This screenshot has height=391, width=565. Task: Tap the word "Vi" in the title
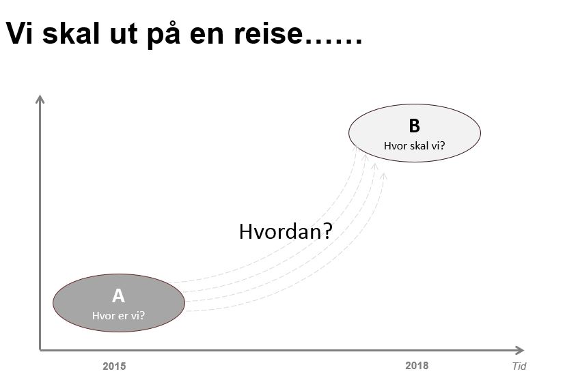click(x=19, y=33)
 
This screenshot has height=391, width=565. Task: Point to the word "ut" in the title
click(x=124, y=34)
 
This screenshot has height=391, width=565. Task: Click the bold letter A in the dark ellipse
click(x=119, y=296)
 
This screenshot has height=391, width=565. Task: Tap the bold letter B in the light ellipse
click(x=415, y=126)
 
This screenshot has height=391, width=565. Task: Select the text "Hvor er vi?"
click(x=118, y=316)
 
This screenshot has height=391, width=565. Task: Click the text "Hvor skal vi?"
click(x=415, y=146)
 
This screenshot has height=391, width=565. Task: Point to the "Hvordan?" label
click(x=286, y=231)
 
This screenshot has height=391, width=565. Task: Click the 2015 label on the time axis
click(x=114, y=366)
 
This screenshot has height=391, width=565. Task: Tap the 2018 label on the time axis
click(x=417, y=366)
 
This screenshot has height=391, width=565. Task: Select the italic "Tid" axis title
click(x=519, y=366)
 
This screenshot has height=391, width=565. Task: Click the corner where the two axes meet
click(x=40, y=350)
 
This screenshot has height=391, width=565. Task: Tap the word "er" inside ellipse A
click(x=124, y=316)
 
